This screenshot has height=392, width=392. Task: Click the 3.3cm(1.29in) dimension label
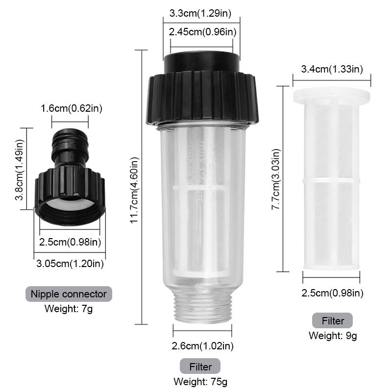[x=202, y=13]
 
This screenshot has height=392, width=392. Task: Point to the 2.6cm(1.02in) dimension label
[x=203, y=346]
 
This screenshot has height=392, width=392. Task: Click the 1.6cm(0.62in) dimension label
[x=71, y=108]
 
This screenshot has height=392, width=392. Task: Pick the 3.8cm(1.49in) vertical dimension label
[x=19, y=167]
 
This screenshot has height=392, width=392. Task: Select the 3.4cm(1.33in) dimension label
[x=332, y=69]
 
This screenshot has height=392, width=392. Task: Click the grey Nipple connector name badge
[x=69, y=294]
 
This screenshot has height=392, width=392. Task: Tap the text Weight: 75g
[x=200, y=381]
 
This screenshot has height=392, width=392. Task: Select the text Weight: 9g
[x=333, y=336]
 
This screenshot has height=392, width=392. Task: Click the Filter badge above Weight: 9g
[x=333, y=321]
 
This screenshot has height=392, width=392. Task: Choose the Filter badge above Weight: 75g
[x=200, y=367]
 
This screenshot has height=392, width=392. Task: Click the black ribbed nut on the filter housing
[x=202, y=98]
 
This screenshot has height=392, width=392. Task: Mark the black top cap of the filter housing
[x=201, y=62]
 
